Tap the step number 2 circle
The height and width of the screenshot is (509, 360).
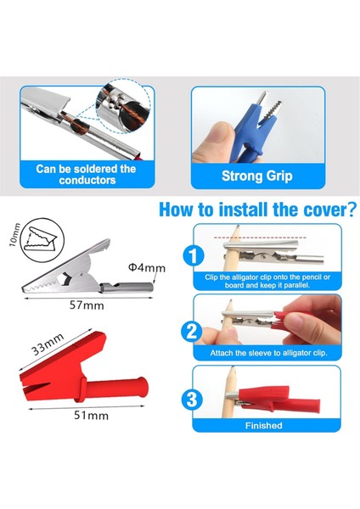click(192, 331)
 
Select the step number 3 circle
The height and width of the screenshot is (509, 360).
click(192, 400)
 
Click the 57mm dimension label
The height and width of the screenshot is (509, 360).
click(87, 305)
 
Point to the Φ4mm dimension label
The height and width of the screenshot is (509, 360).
click(147, 267)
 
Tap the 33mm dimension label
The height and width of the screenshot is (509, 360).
click(48, 344)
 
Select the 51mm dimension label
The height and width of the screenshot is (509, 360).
click(92, 415)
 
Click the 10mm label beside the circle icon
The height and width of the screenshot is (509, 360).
click(14, 235)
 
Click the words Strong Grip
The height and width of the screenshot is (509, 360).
click(257, 176)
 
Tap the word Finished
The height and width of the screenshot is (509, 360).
click(263, 426)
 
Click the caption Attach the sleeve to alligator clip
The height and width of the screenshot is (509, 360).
click(268, 353)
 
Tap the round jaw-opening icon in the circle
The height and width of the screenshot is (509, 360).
click(42, 240)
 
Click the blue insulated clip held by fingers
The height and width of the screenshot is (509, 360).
click(252, 130)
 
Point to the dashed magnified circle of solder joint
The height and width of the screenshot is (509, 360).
click(124, 105)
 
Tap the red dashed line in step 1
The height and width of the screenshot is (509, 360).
click(260, 238)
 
